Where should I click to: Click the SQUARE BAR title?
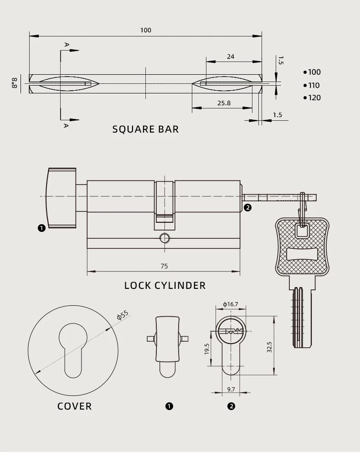pos(145,129)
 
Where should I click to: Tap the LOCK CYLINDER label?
pos(165,285)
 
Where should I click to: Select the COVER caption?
pos(74,406)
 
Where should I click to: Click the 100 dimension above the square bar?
pos(146,30)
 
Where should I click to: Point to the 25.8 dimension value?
pos(224,103)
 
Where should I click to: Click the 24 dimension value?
pos(231,56)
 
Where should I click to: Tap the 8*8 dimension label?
pos(14,83)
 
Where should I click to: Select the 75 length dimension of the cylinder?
pos(164,266)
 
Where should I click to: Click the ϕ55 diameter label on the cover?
pos(123,315)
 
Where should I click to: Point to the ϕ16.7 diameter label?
pos(231,304)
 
